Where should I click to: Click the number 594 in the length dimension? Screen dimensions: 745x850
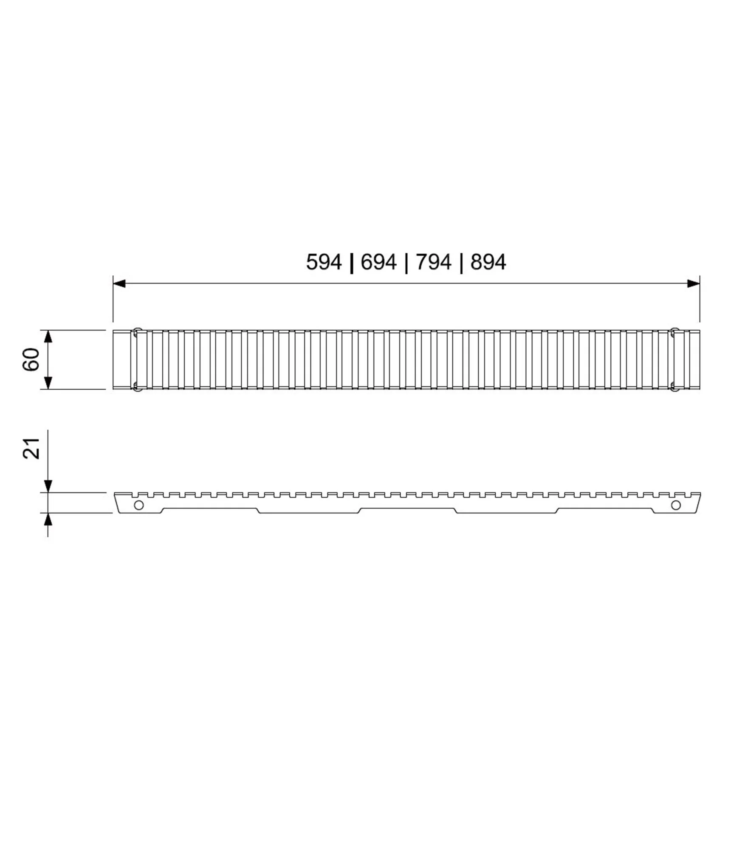(x=324, y=262)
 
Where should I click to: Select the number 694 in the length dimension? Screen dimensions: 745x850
(x=378, y=262)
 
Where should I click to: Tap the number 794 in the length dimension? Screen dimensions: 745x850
(x=433, y=262)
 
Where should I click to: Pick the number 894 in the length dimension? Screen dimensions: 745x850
(x=488, y=262)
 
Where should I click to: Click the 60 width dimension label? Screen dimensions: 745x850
(x=31, y=359)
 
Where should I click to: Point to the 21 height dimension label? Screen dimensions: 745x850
(x=31, y=448)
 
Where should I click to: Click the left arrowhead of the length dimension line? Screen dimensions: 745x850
(x=119, y=283)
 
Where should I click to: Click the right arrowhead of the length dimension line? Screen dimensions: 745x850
(x=694, y=283)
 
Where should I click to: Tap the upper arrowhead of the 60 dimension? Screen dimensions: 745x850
(x=48, y=337)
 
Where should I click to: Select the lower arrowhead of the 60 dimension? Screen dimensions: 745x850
(x=48, y=382)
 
